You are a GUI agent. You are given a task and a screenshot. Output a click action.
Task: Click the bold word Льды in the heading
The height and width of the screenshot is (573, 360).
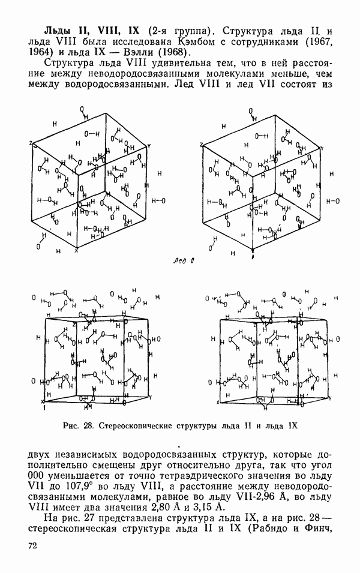coord(56,31)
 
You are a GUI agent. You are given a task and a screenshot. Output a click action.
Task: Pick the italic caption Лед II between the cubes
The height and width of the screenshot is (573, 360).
coord(183,260)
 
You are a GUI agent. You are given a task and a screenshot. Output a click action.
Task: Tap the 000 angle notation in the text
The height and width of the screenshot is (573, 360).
coord(35,476)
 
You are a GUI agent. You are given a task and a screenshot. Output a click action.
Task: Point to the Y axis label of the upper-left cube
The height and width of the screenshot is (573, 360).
coord(149,146)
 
